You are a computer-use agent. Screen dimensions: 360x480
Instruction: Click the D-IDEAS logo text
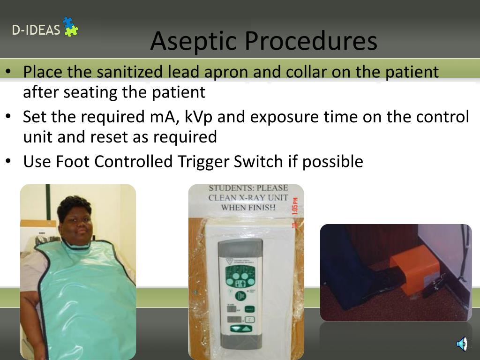[36, 30]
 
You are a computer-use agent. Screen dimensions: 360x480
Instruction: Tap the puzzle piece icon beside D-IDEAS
[70, 27]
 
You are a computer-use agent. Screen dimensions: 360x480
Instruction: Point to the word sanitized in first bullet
[131, 72]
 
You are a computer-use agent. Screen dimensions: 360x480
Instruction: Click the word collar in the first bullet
[306, 72]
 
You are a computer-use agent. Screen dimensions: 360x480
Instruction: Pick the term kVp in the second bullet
[198, 116]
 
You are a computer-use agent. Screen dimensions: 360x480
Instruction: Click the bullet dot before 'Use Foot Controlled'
[9, 161]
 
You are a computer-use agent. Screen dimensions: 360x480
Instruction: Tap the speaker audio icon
[462, 344]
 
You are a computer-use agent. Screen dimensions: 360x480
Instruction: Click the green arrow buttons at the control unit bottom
[240, 328]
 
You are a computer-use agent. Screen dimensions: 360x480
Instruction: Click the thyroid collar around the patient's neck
[78, 247]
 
